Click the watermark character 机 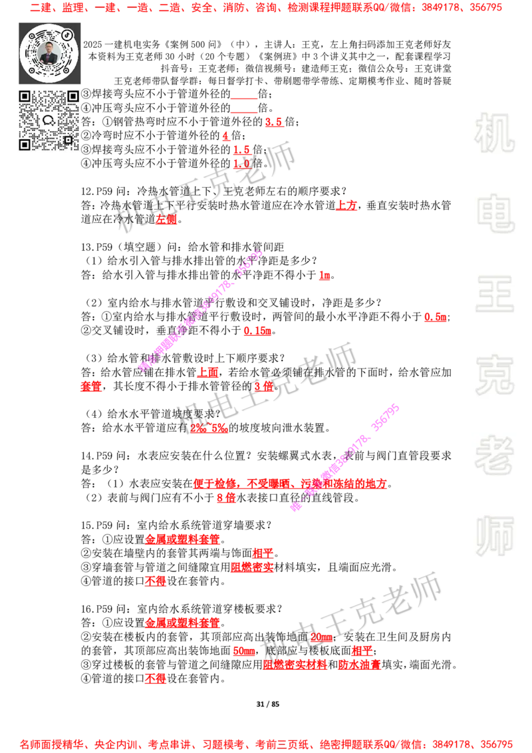pyautogui.click(x=494, y=133)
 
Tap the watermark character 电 pyautogui.click(x=497, y=213)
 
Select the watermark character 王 pyautogui.click(x=494, y=295)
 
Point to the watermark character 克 pyautogui.click(x=494, y=375)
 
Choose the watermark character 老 pyautogui.click(x=494, y=455)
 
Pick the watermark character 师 pyautogui.click(x=494, y=537)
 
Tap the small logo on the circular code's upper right pyautogui.click(x=67, y=34)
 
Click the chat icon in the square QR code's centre pyautogui.click(x=49, y=120)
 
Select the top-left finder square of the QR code pyautogui.click(x=25, y=96)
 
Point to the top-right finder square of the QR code pyautogui.click(x=72, y=96)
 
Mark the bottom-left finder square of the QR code pyautogui.click(x=25, y=144)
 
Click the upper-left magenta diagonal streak pyautogui.click(x=199, y=311)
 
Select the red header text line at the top pyautogui.click(x=266, y=8)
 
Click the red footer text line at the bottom pyautogui.click(x=266, y=744)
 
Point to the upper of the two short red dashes pyautogui.click(x=243, y=98)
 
